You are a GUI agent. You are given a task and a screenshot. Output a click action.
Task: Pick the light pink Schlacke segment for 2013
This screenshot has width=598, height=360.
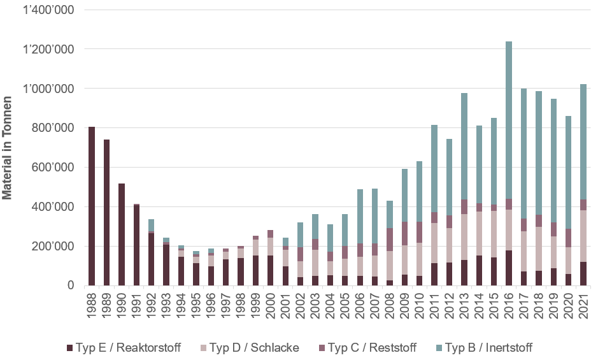point(464,236)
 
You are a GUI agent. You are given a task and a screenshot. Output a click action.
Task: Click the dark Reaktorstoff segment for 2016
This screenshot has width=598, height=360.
point(509,268)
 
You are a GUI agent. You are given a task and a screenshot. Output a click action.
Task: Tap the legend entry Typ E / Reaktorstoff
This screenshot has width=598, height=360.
point(124,347)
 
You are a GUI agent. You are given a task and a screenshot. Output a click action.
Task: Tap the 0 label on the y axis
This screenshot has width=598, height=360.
point(70,285)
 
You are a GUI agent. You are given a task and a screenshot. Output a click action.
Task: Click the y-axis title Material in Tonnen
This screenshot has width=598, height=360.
point(8,148)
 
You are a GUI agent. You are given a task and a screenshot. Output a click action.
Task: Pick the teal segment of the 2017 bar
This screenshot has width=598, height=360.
point(523,154)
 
